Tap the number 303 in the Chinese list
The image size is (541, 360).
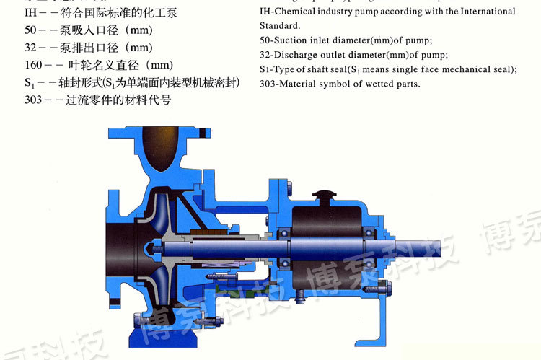click(34, 100)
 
